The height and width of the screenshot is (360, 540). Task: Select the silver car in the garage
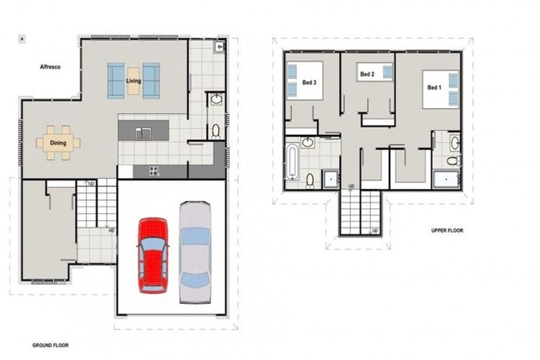195,252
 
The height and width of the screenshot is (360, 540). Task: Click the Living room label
134,82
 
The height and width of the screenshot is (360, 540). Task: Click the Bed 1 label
435,88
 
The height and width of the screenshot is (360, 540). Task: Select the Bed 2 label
366,74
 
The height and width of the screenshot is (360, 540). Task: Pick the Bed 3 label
309,81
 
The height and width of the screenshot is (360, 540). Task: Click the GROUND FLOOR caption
50,346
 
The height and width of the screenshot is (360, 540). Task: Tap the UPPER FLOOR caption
447,230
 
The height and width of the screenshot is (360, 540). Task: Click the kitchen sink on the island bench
144,130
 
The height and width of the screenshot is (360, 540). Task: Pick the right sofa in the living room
151,80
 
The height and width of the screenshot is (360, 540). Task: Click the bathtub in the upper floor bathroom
291,162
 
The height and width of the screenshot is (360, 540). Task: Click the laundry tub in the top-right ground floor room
219,48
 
